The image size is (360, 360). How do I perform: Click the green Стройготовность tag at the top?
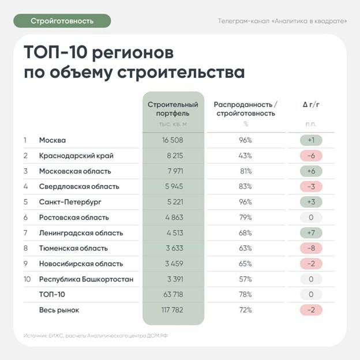(62, 21)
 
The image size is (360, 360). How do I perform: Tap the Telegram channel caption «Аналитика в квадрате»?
(282, 21)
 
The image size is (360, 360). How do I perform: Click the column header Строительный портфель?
(172, 109)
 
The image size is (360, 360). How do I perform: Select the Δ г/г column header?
(310, 104)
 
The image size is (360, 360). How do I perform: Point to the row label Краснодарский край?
(76, 156)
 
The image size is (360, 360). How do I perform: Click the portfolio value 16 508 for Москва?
(172, 140)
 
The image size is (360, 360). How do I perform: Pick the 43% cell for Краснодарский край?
(245, 156)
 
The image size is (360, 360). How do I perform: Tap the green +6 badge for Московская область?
(310, 171)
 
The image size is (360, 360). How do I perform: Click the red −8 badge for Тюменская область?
(310, 249)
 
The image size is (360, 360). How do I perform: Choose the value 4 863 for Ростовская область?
(172, 217)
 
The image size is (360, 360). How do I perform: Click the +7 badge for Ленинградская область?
(310, 233)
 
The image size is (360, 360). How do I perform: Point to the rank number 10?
(26, 279)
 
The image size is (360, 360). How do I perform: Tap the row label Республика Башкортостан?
(86, 279)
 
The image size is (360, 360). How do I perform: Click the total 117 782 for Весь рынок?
(172, 310)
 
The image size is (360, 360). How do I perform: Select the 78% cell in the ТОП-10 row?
(245, 295)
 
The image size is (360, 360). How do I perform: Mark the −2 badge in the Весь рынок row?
(310, 310)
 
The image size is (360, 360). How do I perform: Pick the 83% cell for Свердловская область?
(245, 186)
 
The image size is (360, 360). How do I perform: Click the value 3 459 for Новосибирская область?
(172, 264)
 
